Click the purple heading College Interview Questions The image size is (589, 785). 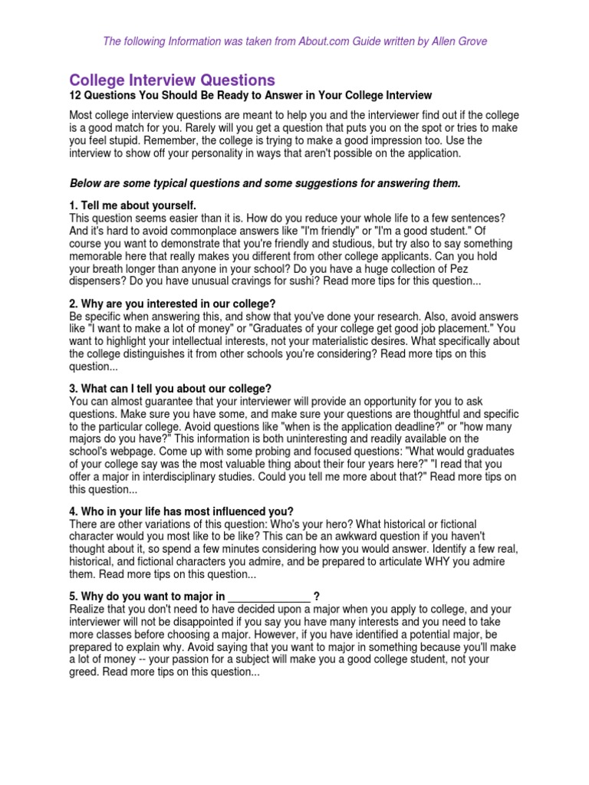point(172,80)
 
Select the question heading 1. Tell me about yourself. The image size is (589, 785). point(133,205)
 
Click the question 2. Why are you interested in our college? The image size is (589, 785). point(173,304)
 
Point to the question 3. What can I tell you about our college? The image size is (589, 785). point(170,388)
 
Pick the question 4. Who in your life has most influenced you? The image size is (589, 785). point(181,511)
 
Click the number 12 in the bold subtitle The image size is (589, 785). point(75,96)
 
